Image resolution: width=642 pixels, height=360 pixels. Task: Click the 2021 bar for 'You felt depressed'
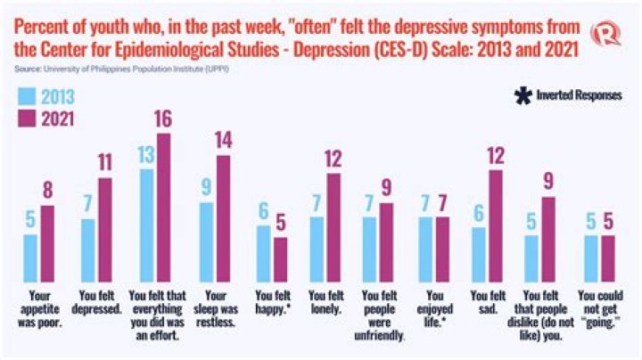tap(105, 228)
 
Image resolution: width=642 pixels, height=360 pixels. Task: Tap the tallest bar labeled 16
tap(163, 206)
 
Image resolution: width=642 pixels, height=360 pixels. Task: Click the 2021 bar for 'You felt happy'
tap(280, 258)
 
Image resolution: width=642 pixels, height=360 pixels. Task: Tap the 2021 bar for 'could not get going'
tap(607, 257)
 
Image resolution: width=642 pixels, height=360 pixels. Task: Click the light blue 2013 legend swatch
tap(25, 96)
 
